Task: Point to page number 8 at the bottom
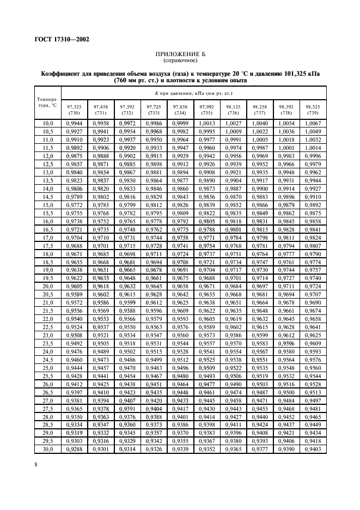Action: pos(35,463)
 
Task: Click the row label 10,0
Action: pos(48,125)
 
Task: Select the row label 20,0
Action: pos(48,286)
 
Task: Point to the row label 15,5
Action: pos(48,214)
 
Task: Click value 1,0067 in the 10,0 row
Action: pos(313,125)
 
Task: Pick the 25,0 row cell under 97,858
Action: pos(180,367)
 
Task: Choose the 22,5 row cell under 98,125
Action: pos(233,327)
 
